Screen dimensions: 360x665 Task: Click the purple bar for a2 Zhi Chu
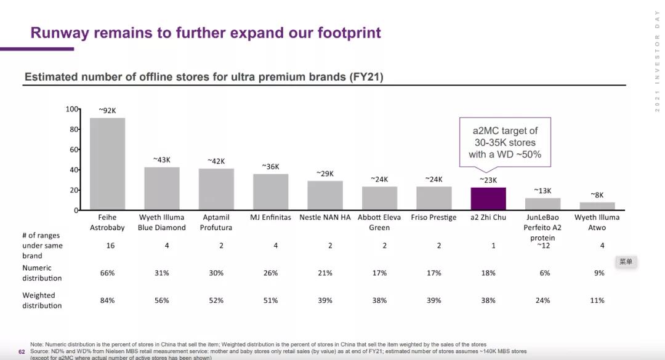pyautogui.click(x=488, y=199)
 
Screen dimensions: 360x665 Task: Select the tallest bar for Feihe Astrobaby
pyautogui.click(x=107, y=164)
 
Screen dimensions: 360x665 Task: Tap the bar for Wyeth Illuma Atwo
pyautogui.click(x=597, y=206)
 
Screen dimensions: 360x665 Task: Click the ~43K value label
pyautogui.click(x=162, y=160)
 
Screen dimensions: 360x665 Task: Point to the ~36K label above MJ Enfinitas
pyautogui.click(x=270, y=167)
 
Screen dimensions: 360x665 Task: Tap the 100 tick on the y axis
pyautogui.click(x=71, y=109)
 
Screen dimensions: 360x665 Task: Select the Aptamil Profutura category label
pyautogui.click(x=216, y=222)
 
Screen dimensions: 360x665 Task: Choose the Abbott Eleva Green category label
pyautogui.click(x=379, y=222)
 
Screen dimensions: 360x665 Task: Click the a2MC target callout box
pyautogui.click(x=505, y=142)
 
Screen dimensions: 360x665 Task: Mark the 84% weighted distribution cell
pyautogui.click(x=107, y=300)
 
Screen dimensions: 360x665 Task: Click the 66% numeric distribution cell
pyautogui.click(x=107, y=273)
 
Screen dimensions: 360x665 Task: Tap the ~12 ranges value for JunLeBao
pyautogui.click(x=542, y=246)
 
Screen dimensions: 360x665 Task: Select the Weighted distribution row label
pyautogui.click(x=42, y=300)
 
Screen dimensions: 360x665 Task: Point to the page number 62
pyautogui.click(x=22, y=352)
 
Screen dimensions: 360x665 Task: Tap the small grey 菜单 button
pyautogui.click(x=626, y=262)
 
